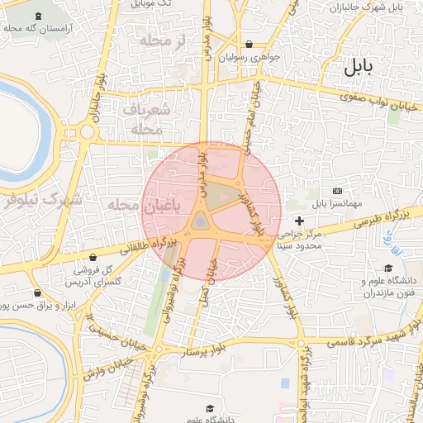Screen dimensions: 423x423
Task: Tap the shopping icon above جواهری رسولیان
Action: click(250, 45)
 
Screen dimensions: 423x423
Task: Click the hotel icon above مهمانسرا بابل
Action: click(336, 191)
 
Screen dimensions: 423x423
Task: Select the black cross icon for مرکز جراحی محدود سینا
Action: click(299, 221)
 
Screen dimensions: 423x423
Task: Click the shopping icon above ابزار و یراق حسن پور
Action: click(37, 293)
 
